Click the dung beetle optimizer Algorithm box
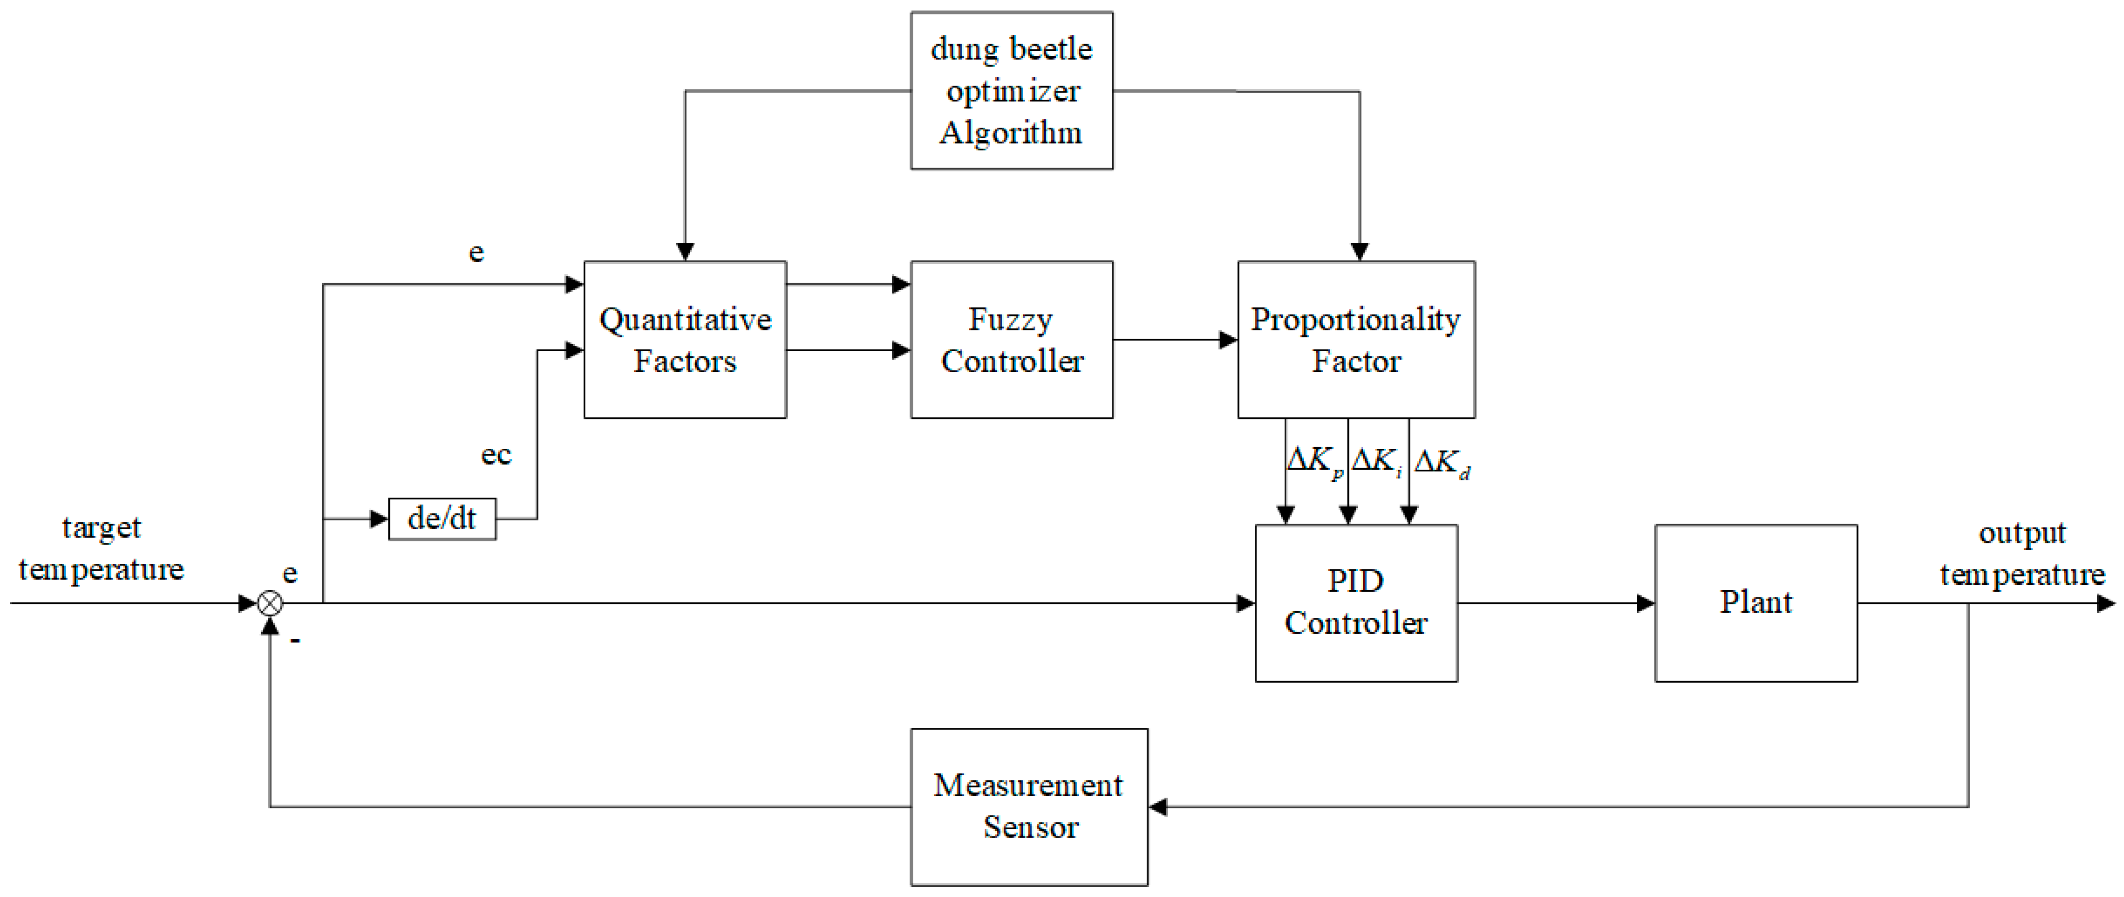pyautogui.click(x=1011, y=91)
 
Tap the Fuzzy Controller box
pyautogui.click(x=1011, y=339)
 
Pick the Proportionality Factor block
pyautogui.click(x=1356, y=339)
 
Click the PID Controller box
pyautogui.click(x=1356, y=603)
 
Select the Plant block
pyautogui.click(x=1756, y=603)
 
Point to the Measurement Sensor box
pyautogui.click(x=1028, y=806)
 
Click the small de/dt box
pyautogui.click(x=442, y=519)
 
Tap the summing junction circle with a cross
pyautogui.click(x=270, y=603)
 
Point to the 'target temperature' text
pyautogui.click(x=101, y=548)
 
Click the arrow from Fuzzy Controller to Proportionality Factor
pyautogui.click(x=1175, y=339)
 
